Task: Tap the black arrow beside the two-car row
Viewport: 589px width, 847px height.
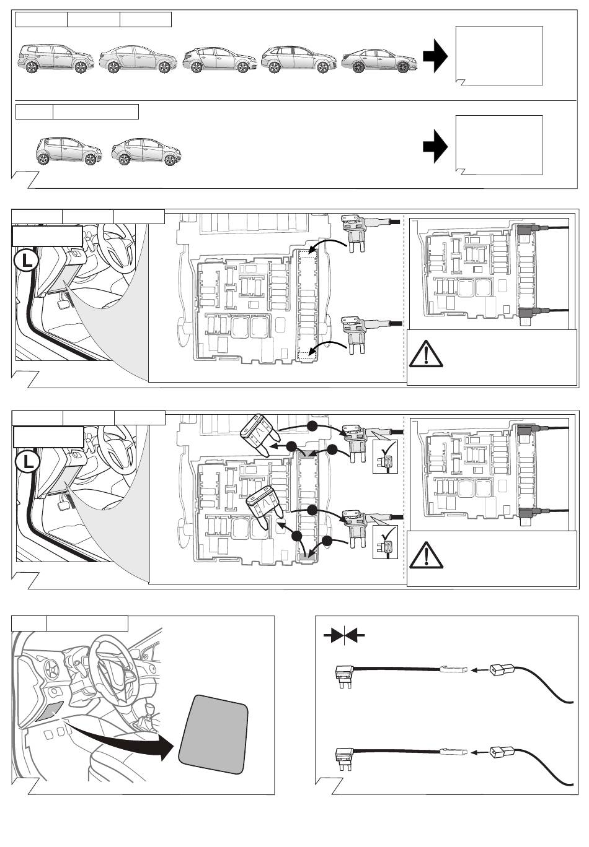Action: (x=435, y=147)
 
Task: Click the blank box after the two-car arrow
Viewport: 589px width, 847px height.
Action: (x=499, y=144)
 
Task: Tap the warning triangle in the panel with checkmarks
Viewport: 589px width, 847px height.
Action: (x=427, y=554)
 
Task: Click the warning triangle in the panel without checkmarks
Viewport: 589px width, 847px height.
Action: (x=425, y=354)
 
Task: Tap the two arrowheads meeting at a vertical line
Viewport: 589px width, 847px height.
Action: (x=343, y=635)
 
